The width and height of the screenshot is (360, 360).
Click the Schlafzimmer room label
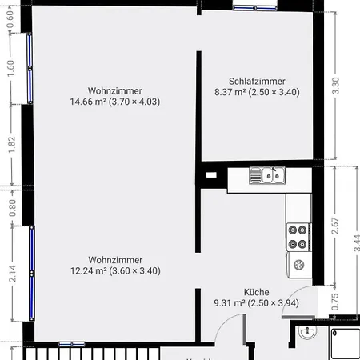[256, 81]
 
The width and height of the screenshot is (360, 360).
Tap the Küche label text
[257, 292]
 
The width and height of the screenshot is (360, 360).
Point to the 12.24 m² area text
[115, 271]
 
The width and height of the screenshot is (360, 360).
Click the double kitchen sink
[266, 174]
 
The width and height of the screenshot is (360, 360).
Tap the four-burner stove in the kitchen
[298, 236]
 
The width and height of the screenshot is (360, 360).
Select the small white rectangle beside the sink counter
[211, 174]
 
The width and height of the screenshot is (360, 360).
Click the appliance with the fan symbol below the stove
[298, 264]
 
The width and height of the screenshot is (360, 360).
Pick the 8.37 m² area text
[256, 92]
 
